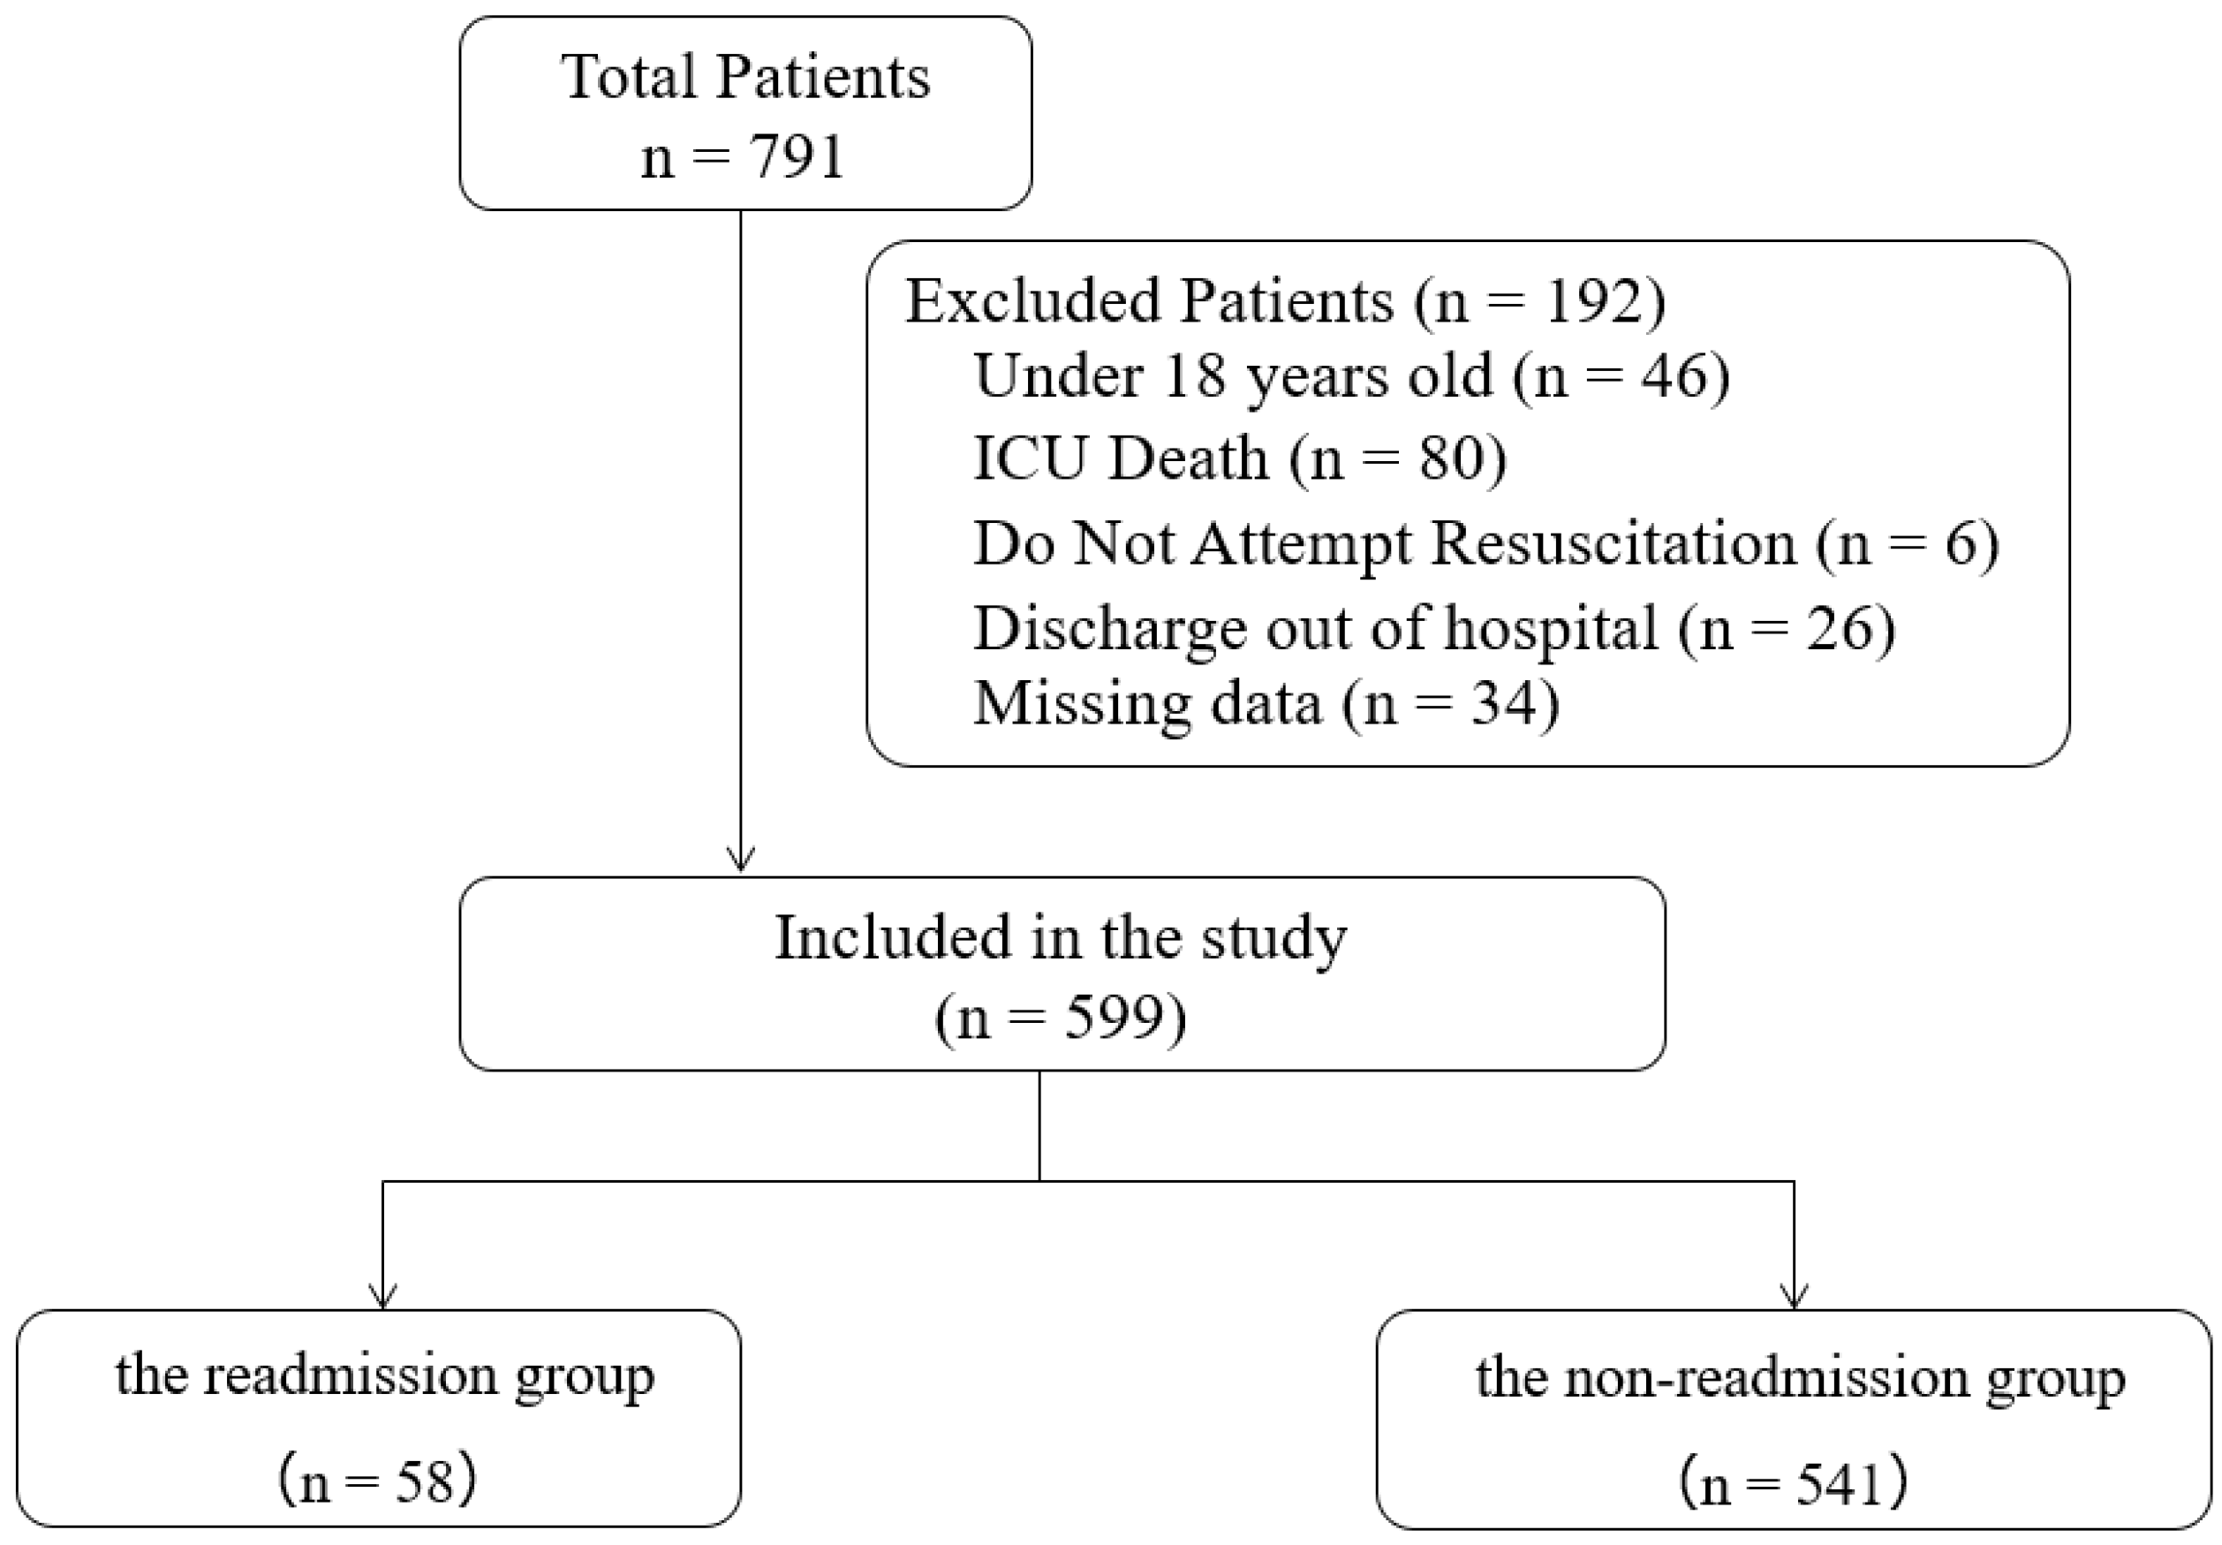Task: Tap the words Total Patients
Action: [x=745, y=77]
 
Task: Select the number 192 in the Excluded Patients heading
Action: [x=1593, y=301]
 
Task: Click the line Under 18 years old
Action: [x=1351, y=376]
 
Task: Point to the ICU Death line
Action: [x=1239, y=458]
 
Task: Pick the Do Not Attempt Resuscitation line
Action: [x=1485, y=543]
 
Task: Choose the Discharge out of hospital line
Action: [x=1433, y=628]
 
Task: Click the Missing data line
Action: [x=1265, y=703]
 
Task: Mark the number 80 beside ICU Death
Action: [x=1453, y=458]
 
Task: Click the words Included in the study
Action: [x=1061, y=938]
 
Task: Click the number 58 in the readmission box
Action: [x=425, y=1482]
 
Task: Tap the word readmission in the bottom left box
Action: [x=351, y=1375]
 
